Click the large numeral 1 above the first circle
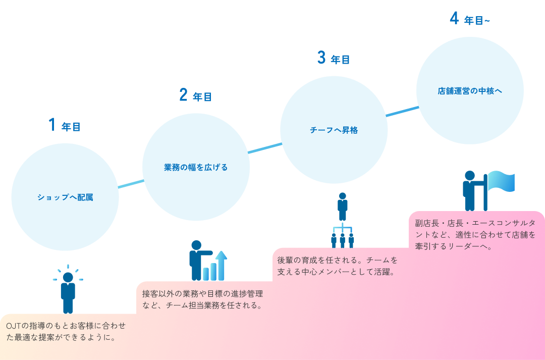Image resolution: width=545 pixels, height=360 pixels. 51,125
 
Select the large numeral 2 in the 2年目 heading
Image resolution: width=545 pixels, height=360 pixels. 183,95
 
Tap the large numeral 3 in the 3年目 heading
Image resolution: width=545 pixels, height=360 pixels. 321,58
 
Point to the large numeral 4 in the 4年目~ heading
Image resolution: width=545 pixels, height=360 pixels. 454,19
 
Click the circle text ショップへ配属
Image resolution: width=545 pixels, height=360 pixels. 65,197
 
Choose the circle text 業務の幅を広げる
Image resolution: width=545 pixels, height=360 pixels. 196,167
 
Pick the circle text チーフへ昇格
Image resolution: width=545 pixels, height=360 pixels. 334,130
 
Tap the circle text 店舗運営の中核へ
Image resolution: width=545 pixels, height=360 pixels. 470,91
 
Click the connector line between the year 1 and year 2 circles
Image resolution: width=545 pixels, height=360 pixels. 131,184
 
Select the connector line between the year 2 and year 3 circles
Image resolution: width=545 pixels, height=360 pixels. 265,147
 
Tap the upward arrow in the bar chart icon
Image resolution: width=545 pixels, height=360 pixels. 222,263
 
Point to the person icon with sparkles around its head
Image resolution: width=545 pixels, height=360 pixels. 68,290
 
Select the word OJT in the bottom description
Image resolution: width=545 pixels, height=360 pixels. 13,326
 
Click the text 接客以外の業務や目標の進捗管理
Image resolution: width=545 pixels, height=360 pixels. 202,293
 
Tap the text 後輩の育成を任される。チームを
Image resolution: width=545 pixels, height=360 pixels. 338,261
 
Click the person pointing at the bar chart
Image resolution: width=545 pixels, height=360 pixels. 197,260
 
